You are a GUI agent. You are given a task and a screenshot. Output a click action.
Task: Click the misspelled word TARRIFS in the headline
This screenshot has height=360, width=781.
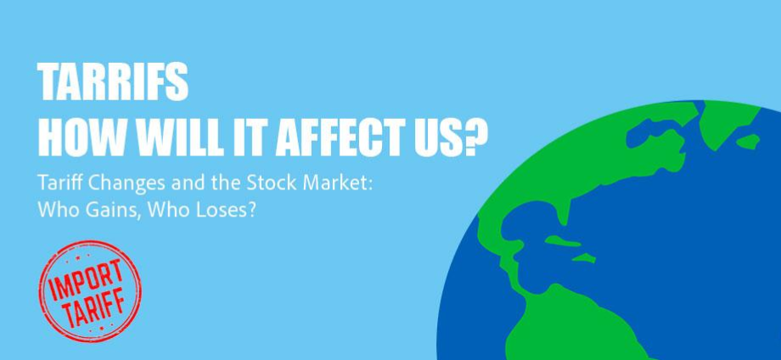coord(113,82)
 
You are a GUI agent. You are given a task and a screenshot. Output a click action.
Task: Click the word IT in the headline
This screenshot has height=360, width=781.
coord(248,137)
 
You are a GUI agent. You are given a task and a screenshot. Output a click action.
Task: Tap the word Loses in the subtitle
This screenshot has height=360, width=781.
coord(231,210)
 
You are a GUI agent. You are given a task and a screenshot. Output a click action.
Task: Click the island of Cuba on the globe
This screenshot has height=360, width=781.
coord(562,241)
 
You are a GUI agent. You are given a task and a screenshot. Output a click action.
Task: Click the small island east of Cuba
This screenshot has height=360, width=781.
coord(584,258)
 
